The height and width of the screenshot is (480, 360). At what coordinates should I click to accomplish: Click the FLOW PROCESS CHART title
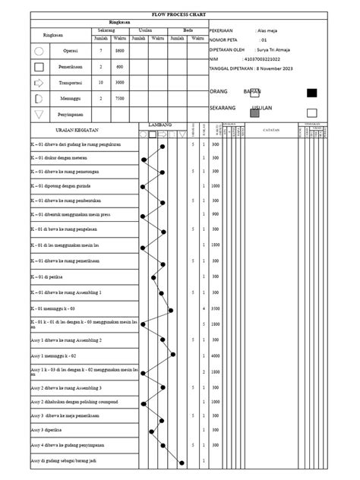[179, 14]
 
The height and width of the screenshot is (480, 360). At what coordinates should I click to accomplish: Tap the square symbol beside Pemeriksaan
[39, 67]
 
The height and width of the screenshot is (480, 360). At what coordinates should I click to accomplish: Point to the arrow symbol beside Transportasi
[39, 82]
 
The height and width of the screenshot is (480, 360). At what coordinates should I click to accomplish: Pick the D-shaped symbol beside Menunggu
[39, 99]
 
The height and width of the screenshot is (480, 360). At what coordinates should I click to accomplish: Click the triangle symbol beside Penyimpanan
[39, 115]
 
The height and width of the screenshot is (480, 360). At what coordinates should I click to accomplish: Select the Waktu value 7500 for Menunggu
[120, 99]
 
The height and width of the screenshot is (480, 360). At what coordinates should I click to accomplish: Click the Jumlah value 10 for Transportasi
[101, 82]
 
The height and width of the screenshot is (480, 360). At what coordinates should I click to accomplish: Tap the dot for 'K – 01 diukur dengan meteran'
[144, 159]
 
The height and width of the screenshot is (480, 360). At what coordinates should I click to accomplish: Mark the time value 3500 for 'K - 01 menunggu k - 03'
[215, 310]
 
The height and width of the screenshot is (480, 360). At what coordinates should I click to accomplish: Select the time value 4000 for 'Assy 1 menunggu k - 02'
[215, 355]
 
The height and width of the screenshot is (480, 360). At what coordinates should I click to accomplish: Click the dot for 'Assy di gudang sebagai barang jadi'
[181, 462]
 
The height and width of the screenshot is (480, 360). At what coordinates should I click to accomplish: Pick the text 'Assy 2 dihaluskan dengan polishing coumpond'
[74, 402]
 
